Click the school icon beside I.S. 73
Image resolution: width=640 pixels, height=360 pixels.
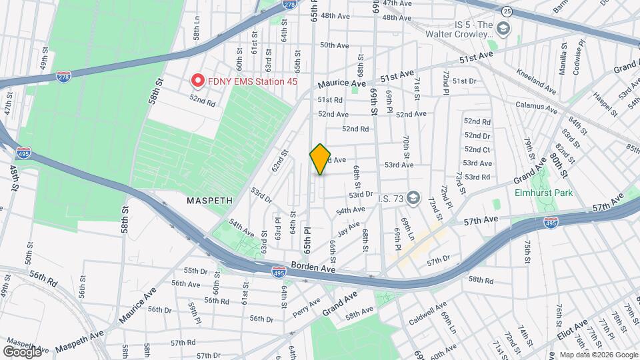pos(414,197)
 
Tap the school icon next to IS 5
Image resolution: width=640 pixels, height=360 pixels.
pos(503,27)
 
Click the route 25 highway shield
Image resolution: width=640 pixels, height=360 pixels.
pos(507,11)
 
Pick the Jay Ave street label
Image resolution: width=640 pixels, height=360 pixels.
pos(349,230)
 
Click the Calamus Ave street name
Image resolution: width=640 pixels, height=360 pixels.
pos(536,105)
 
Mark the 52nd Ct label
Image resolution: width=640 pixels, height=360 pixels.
pos(477,149)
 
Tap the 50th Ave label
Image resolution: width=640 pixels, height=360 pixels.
pos(335,45)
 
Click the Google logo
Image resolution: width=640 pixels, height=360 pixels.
pos(23,351)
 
